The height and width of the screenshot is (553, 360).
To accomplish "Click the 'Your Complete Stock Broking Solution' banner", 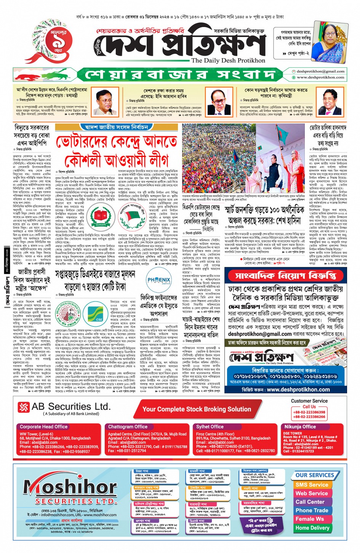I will [x=197, y=409].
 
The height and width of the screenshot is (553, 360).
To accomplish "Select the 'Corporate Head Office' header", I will [x=43, y=427].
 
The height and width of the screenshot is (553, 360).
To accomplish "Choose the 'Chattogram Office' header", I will [x=128, y=427].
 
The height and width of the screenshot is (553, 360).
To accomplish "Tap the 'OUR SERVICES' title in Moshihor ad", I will [x=315, y=475].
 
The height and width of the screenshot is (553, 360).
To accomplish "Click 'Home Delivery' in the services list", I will [x=312, y=528].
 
